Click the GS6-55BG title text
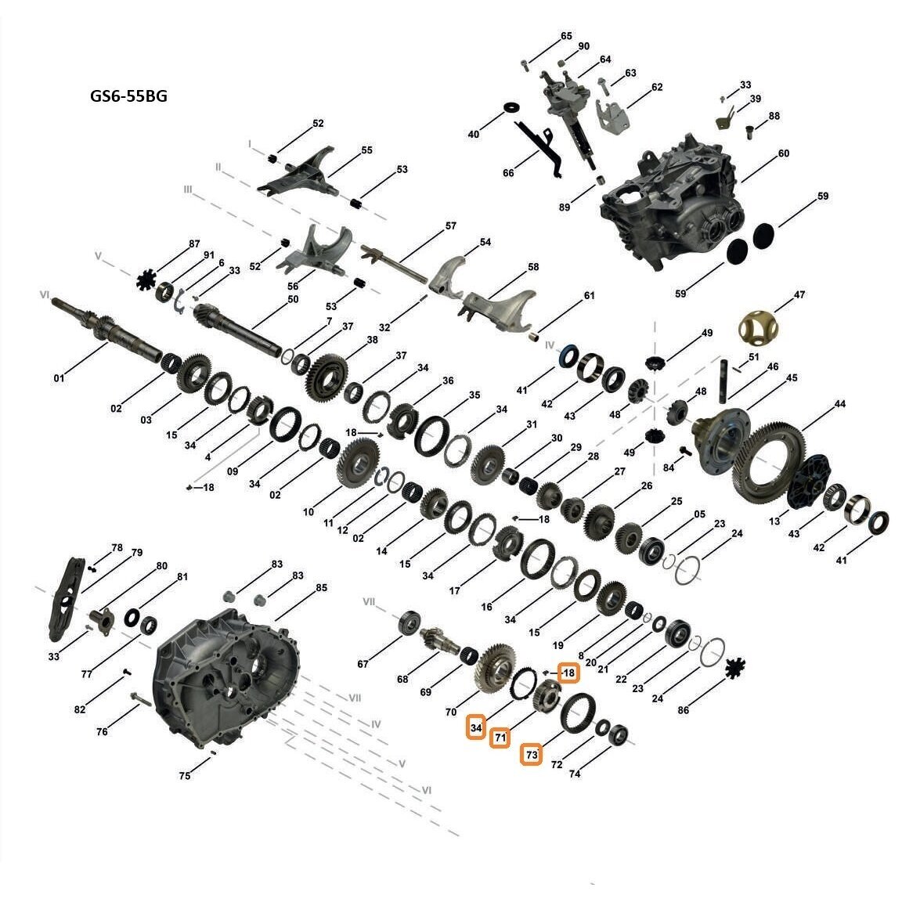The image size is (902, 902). (128, 96)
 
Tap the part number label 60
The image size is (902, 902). (784, 153)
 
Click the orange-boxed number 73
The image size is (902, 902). (532, 755)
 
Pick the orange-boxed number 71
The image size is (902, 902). (500, 738)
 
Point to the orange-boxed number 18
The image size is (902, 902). (568, 673)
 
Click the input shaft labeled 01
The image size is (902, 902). (107, 330)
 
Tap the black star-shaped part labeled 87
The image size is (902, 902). (147, 281)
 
